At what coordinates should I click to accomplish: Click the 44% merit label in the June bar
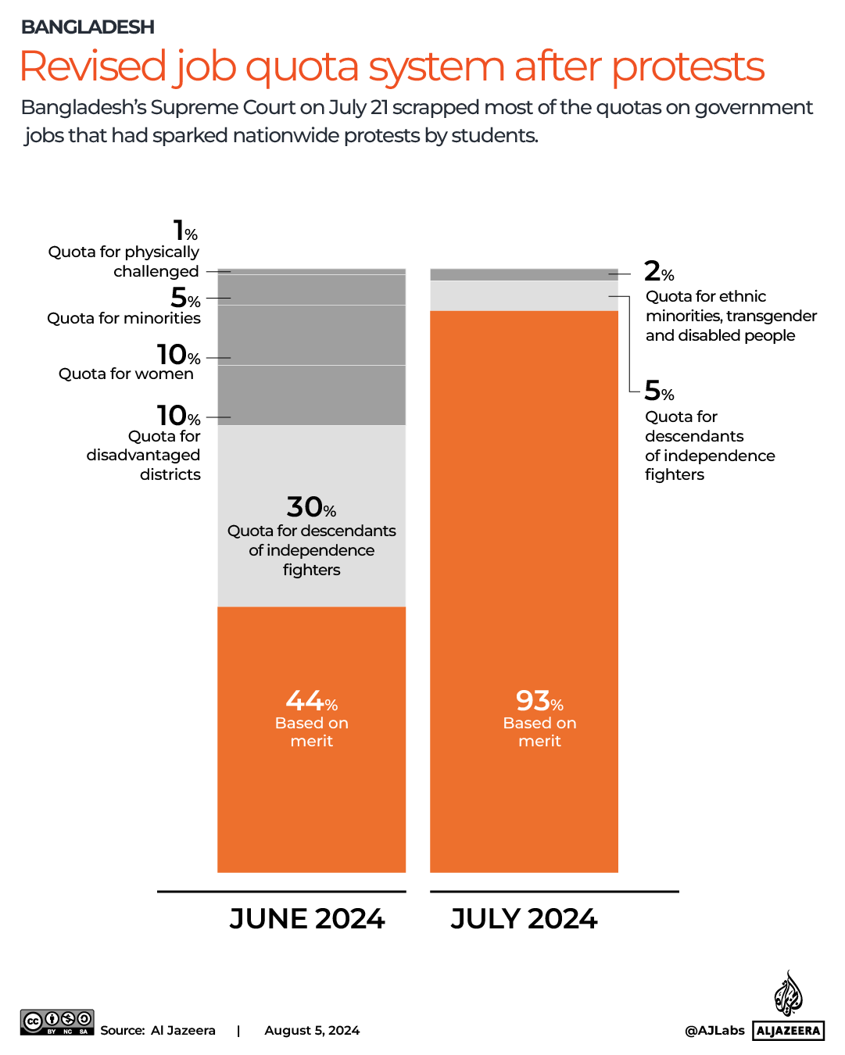[311, 701]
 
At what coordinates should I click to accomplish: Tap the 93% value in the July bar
[539, 701]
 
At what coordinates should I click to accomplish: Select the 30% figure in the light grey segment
[311, 507]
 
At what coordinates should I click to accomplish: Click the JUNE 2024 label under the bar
[306, 918]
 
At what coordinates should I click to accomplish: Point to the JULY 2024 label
[524, 918]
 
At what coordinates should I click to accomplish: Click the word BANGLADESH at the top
[88, 27]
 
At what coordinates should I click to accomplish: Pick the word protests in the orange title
[688, 66]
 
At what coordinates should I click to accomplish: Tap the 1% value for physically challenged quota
[185, 231]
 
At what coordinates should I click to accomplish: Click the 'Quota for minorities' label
[124, 318]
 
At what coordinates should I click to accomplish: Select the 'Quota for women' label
[126, 374]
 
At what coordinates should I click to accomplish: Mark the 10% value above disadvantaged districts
[178, 416]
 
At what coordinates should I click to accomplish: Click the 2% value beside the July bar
[658, 272]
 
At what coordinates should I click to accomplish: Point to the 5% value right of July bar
[658, 391]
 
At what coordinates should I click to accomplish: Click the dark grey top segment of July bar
[524, 274]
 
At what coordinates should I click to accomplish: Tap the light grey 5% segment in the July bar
[524, 295]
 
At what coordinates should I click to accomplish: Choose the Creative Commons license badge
[57, 1022]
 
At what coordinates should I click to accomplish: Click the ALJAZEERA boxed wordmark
[789, 1031]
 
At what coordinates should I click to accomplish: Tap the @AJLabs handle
[714, 1031]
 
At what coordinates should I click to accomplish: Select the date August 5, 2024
[312, 1031]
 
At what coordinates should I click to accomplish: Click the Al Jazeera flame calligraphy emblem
[788, 994]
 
